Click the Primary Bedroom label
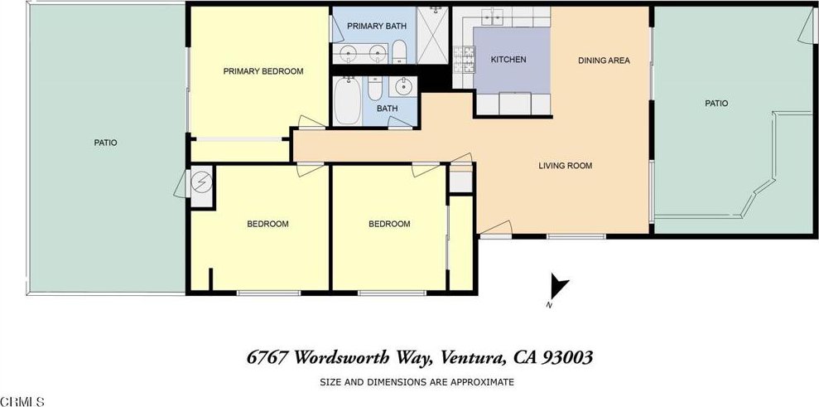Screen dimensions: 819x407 (x=263, y=71)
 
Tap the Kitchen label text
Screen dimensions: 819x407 (x=508, y=60)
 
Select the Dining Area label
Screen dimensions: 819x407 (x=604, y=61)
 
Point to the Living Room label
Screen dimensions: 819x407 (x=565, y=166)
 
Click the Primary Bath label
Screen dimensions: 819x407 (x=377, y=27)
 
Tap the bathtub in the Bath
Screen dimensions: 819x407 (x=347, y=101)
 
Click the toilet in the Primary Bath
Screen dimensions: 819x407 (x=400, y=51)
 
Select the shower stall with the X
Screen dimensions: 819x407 (x=432, y=35)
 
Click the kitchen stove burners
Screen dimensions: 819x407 (x=464, y=59)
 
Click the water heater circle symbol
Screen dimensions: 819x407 (x=201, y=182)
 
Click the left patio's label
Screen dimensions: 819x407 (x=105, y=143)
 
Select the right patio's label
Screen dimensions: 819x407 (x=716, y=104)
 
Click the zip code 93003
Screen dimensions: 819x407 (x=568, y=357)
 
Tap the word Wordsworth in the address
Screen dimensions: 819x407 (x=352, y=358)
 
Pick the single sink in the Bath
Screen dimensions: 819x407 (x=403, y=86)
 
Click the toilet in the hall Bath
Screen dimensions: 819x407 (x=375, y=88)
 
